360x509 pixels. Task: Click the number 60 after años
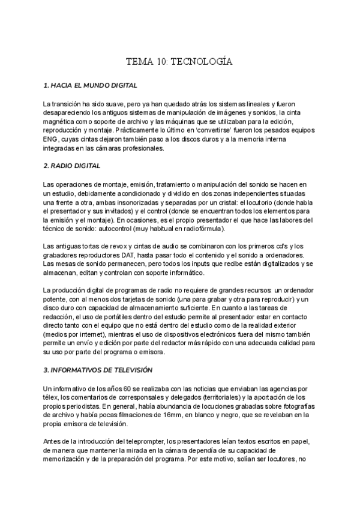(x=110, y=388)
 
